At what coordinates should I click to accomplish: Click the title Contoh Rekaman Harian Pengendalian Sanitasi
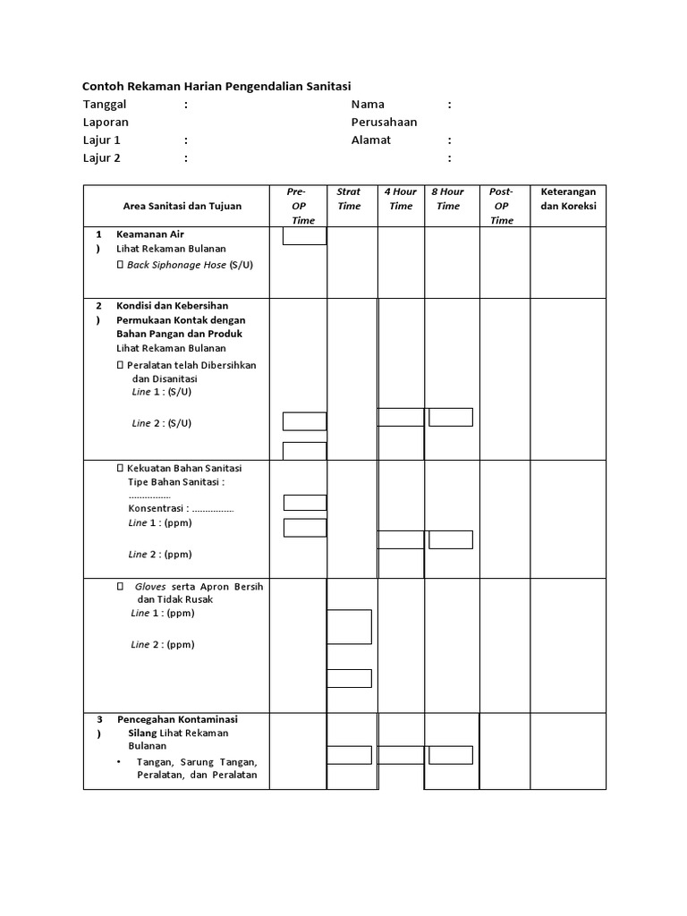coord(216,86)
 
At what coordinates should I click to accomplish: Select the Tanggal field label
coord(106,105)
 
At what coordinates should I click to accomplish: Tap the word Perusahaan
coord(384,123)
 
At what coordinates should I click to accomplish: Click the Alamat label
coord(371,140)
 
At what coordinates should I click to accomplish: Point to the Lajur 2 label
coord(101,158)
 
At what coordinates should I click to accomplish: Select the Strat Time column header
coord(349,199)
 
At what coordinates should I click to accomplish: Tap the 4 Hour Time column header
coord(401,199)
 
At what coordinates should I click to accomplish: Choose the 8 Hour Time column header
coord(448,199)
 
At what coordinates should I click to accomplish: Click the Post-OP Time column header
coord(502,206)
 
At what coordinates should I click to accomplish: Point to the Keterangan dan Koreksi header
coord(568,199)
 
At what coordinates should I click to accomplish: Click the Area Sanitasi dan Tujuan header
coord(182,206)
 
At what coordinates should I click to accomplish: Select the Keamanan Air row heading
coord(150,234)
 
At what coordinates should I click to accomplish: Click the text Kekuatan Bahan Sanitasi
coord(184,468)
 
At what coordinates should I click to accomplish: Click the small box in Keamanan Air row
coord(304,236)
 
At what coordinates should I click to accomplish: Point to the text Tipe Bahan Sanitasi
coord(176,482)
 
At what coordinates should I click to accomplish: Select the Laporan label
coord(106,123)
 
